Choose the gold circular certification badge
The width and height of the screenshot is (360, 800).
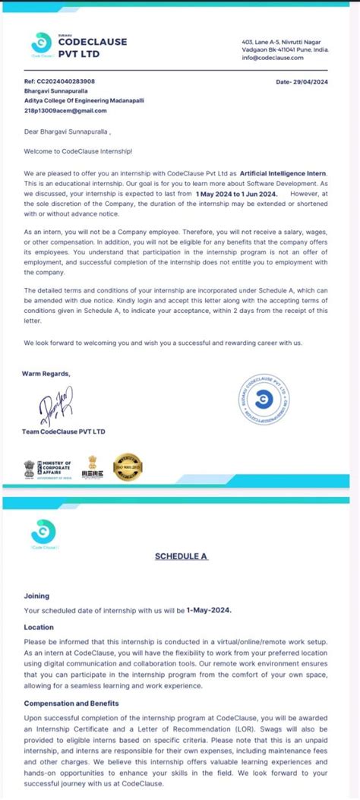click(128, 466)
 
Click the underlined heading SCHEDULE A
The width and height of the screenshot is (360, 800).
click(182, 556)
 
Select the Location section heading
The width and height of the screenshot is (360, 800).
click(39, 628)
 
